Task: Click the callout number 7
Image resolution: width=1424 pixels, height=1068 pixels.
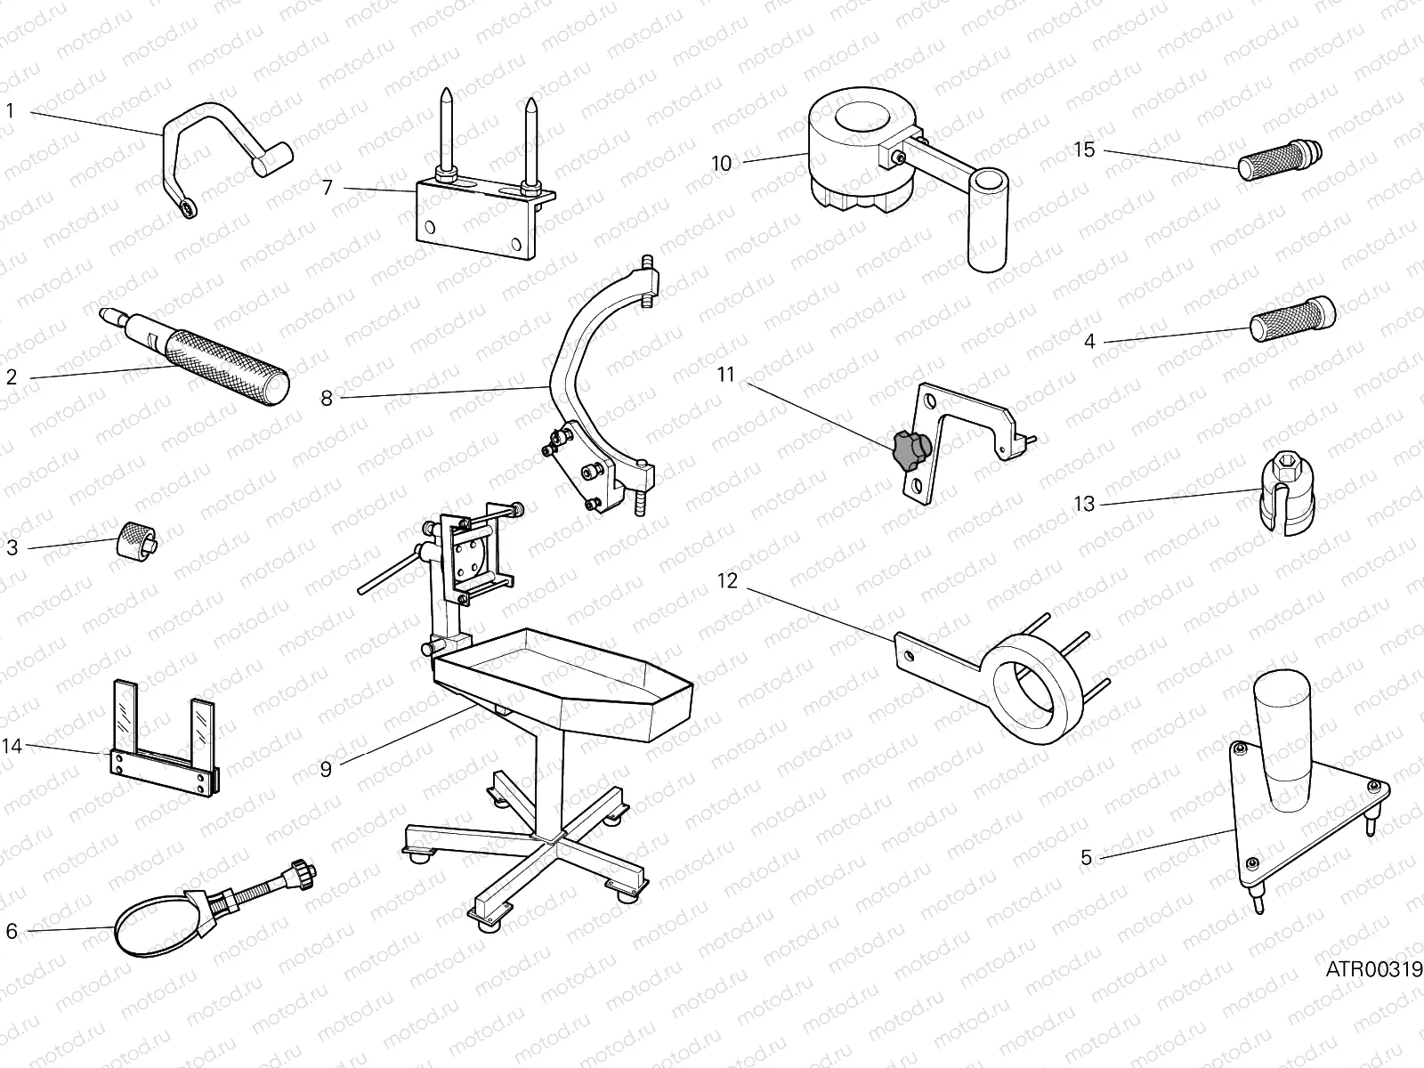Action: pyautogui.click(x=327, y=188)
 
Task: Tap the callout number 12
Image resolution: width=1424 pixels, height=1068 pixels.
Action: pyautogui.click(x=727, y=581)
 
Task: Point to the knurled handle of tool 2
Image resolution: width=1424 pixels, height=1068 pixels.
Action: pyautogui.click(x=234, y=364)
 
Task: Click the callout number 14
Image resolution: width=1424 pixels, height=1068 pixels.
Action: pyautogui.click(x=12, y=746)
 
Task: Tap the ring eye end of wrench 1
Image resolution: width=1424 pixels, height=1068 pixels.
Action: pyautogui.click(x=189, y=208)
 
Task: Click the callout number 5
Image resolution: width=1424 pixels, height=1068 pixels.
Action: pyautogui.click(x=1086, y=858)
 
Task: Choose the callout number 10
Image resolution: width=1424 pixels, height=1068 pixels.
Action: pyautogui.click(x=721, y=163)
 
